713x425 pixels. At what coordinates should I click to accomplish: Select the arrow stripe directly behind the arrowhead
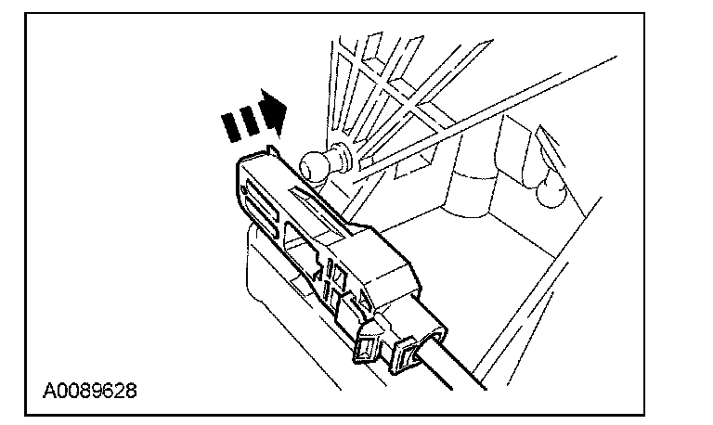tap(254, 118)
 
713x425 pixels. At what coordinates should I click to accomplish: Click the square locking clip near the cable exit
tap(367, 348)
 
